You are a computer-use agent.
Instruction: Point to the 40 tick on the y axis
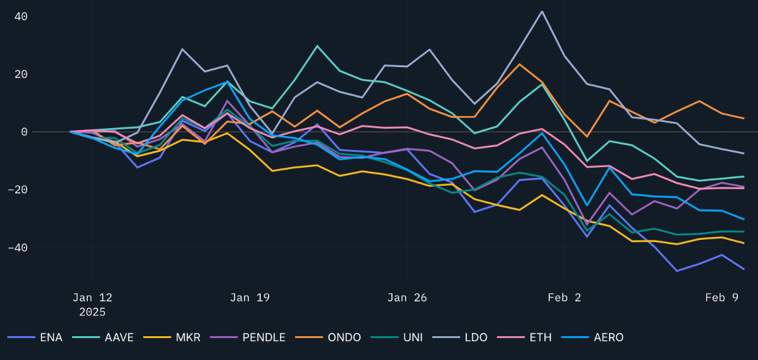click(21, 16)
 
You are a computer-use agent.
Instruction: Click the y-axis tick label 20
click(21, 74)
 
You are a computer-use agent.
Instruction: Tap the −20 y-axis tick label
click(18, 190)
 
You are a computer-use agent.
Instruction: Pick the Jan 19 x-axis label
click(250, 298)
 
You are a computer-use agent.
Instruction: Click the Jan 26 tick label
click(407, 298)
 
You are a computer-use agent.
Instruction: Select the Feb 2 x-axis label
click(565, 298)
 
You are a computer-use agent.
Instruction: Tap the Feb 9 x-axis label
click(722, 298)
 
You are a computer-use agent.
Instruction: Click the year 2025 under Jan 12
click(92, 312)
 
